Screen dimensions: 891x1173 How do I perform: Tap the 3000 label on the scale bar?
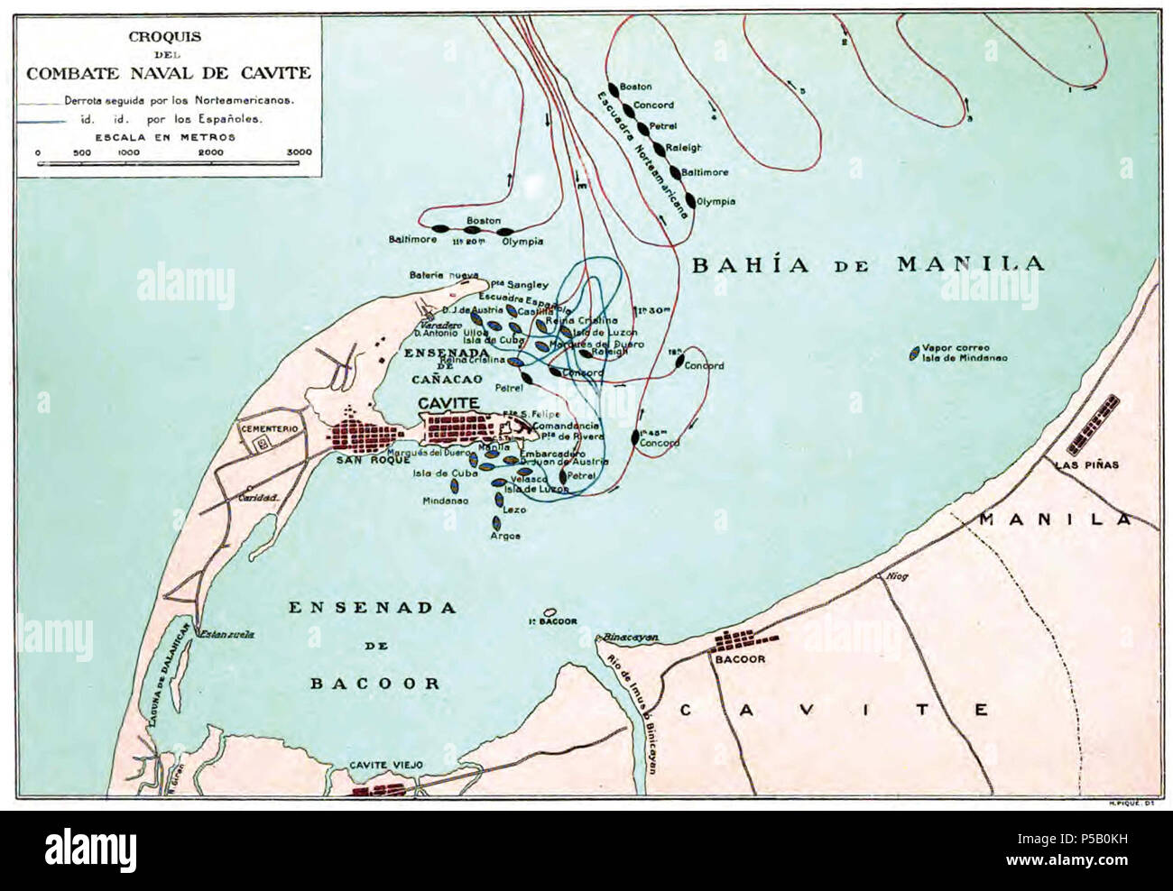tap(299, 152)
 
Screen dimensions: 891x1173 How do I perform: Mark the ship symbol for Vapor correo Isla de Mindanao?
tap(914, 353)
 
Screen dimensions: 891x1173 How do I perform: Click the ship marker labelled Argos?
tap(495, 522)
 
